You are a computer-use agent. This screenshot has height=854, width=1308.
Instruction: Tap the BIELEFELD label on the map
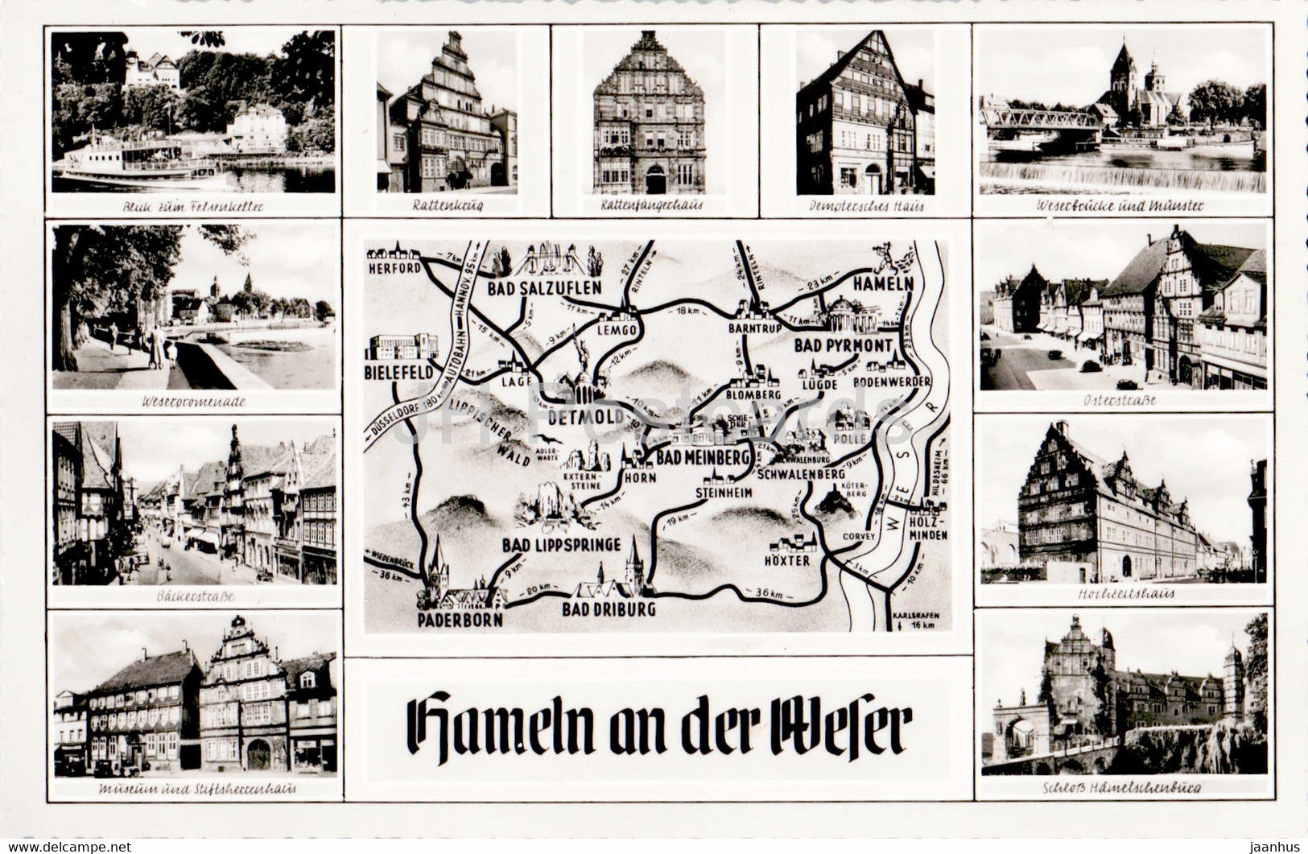click(x=399, y=373)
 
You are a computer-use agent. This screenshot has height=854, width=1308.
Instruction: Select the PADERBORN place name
click(x=460, y=620)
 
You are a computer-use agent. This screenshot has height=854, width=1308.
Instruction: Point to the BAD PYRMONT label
click(x=843, y=345)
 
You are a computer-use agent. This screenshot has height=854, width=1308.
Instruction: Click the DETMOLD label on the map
click(x=585, y=417)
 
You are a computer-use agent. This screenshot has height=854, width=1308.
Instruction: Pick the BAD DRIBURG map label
click(x=609, y=609)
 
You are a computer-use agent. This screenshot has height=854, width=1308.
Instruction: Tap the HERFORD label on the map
click(x=394, y=267)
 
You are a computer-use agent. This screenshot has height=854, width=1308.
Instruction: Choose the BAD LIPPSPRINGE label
click(x=561, y=545)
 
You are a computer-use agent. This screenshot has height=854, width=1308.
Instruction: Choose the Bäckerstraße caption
click(x=192, y=596)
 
